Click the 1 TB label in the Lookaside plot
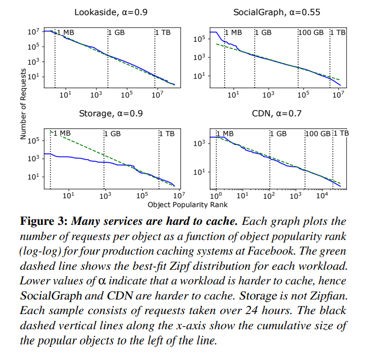click(x=163, y=32)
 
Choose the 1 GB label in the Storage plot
click(x=113, y=133)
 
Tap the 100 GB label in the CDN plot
click(x=318, y=133)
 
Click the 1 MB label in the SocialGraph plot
click(x=233, y=32)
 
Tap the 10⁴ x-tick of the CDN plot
click(x=321, y=196)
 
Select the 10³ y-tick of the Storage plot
click(x=34, y=159)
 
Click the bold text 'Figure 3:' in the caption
click(x=43, y=221)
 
